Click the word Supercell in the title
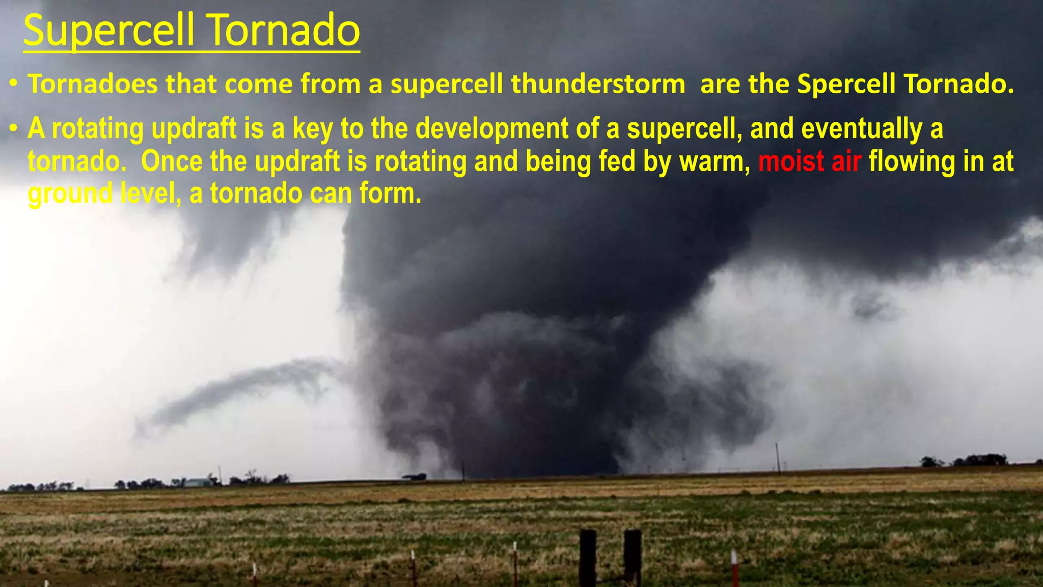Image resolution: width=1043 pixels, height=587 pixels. [x=108, y=31]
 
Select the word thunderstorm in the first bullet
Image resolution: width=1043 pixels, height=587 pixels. [x=598, y=84]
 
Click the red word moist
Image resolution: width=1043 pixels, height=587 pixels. [x=791, y=162]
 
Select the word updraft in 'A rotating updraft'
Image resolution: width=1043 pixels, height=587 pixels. [x=194, y=129]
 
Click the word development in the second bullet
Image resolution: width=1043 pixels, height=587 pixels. [x=491, y=129]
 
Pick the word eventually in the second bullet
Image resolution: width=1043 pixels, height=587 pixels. [x=862, y=129]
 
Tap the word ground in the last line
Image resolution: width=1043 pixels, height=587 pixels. [x=70, y=194]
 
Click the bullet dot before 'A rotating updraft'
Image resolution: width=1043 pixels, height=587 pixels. [x=14, y=128]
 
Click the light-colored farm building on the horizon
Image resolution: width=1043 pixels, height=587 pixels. [x=197, y=482]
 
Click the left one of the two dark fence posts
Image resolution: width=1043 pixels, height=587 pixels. [x=588, y=558]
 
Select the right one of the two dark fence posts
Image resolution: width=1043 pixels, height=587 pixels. [x=633, y=558]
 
